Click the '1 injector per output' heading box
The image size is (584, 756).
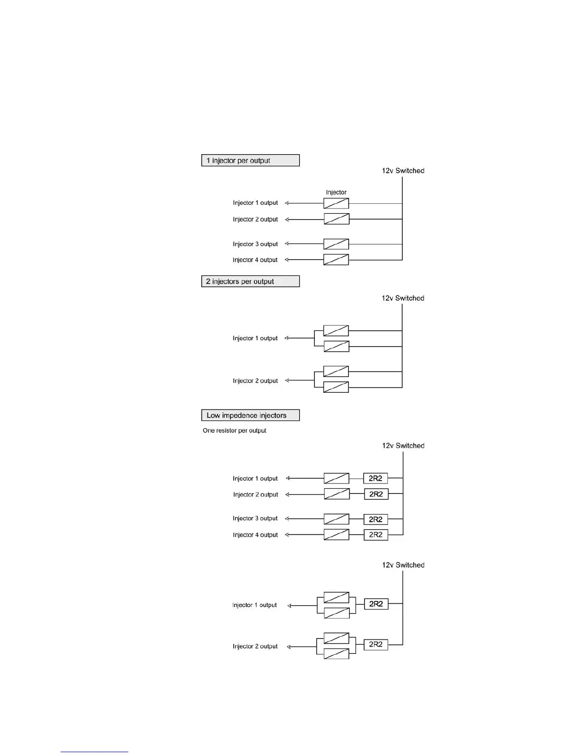click(x=250, y=160)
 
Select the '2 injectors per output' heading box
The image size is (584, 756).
click(x=250, y=282)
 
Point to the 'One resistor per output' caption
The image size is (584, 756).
click(x=234, y=430)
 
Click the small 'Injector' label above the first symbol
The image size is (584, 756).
click(x=336, y=192)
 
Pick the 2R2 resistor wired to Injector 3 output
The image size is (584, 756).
click(x=376, y=519)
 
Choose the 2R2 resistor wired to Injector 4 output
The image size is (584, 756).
click(x=376, y=535)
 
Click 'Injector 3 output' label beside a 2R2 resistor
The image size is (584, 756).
click(x=255, y=518)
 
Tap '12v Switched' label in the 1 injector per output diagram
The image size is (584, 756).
click(x=403, y=170)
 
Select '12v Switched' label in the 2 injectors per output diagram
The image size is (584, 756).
click(x=403, y=298)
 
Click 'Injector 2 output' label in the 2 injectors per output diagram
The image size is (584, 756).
click(x=255, y=381)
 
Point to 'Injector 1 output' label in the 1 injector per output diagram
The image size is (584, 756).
click(x=255, y=203)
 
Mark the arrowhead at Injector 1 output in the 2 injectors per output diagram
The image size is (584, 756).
click(x=287, y=338)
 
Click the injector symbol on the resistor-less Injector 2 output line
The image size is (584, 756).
click(x=336, y=220)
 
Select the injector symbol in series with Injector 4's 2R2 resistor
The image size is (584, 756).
click(x=336, y=535)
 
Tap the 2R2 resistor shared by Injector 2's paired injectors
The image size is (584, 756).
click(x=376, y=645)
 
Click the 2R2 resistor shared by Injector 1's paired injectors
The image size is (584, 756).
click(x=376, y=604)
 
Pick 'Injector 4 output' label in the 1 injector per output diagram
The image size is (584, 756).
click(x=255, y=260)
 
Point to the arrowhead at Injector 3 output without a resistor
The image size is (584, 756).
click(x=287, y=244)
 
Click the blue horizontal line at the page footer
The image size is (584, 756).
click(x=94, y=752)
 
